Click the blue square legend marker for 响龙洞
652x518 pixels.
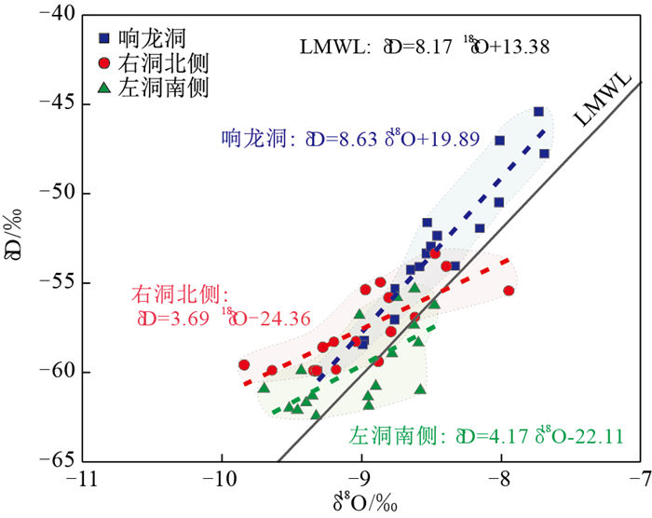coord(106,38)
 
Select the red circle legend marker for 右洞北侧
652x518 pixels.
coord(106,63)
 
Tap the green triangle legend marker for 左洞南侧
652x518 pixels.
coord(106,89)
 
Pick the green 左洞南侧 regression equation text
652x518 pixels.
coord(486,436)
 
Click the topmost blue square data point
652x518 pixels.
coord(538,111)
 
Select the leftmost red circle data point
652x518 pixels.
coord(244,365)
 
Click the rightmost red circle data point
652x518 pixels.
coord(509,291)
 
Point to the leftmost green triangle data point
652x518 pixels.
coord(264,388)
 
